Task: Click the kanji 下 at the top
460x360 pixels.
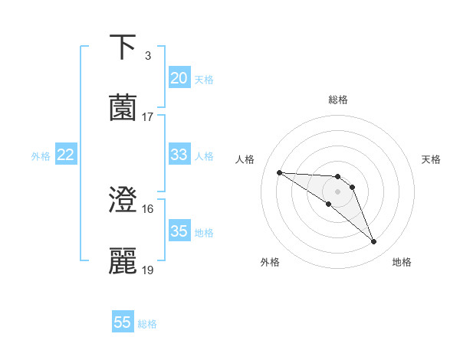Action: click(123, 47)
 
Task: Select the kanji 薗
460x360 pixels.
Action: click(123, 107)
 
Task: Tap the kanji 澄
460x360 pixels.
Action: click(123, 200)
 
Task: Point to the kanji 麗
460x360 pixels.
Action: click(123, 260)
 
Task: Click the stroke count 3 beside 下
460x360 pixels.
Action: click(147, 56)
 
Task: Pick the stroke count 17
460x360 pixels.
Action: click(148, 116)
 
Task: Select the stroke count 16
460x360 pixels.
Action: click(148, 209)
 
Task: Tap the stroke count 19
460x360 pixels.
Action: click(148, 270)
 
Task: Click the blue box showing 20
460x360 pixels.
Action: click(179, 78)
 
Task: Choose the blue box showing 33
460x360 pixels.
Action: click(179, 155)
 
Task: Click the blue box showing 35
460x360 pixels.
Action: click(179, 231)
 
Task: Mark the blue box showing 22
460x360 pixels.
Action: click(66, 155)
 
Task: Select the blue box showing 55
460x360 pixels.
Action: click(123, 322)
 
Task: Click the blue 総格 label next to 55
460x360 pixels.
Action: click(147, 324)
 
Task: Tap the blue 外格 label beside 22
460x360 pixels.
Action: click(41, 156)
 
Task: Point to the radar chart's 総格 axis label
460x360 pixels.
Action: click(338, 100)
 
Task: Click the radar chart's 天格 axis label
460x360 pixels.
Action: click(432, 159)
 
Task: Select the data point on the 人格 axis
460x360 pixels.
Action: click(279, 172)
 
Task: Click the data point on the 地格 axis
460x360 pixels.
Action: click(374, 242)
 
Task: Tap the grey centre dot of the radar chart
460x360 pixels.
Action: click(337, 191)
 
